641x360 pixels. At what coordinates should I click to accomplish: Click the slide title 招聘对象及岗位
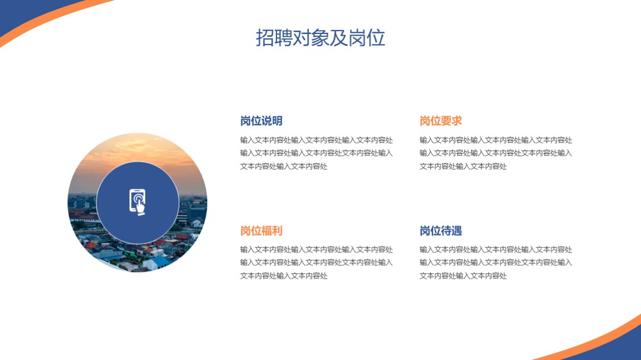[320, 37]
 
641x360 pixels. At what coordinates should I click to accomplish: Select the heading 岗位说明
[261, 121]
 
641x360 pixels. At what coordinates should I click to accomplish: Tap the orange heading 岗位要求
[441, 121]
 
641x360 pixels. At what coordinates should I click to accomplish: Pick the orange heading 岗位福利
[261, 231]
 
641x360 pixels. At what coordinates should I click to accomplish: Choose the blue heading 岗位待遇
[441, 231]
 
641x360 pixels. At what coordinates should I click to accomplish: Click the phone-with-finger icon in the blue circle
[137, 202]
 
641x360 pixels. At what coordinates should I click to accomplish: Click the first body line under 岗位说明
[317, 140]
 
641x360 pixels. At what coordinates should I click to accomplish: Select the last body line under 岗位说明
[284, 166]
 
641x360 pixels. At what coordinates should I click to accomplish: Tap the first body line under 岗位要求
[496, 140]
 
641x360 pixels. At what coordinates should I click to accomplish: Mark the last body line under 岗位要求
[463, 166]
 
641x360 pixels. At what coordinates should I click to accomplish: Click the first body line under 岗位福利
[317, 250]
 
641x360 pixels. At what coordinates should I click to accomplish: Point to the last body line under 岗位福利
[284, 276]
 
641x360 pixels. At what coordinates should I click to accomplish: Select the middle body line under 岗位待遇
[496, 262]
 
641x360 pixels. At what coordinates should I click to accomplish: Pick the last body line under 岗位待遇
[463, 276]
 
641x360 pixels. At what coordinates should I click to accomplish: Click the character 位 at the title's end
[376, 38]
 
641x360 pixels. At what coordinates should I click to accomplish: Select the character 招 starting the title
[265, 38]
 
